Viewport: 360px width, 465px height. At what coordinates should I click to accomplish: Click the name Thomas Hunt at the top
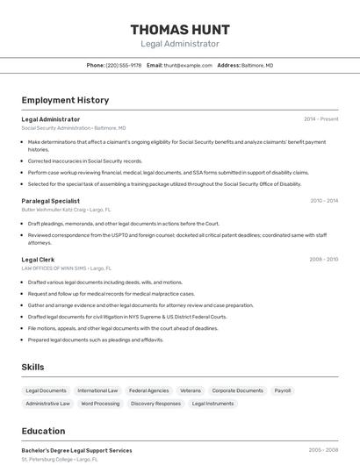click(x=180, y=28)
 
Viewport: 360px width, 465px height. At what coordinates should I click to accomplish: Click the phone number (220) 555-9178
click(x=124, y=65)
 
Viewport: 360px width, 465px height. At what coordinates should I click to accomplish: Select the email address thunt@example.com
click(x=188, y=65)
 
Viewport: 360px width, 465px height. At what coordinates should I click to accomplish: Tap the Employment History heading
click(x=65, y=100)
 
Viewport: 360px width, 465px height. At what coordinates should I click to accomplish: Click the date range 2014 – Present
click(x=320, y=118)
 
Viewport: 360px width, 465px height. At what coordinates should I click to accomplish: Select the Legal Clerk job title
click(x=38, y=259)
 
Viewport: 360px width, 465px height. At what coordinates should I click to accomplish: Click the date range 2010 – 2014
click(x=323, y=201)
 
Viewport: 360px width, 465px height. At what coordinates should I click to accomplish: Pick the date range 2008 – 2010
click(x=323, y=259)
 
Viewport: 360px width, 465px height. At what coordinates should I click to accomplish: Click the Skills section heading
click(x=32, y=367)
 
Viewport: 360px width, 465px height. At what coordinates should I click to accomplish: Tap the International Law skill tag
click(x=97, y=390)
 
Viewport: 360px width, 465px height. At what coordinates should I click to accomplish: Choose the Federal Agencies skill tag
click(x=148, y=390)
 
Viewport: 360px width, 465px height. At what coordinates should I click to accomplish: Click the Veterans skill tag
click(x=191, y=390)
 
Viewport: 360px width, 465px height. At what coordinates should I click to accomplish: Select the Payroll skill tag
click(x=283, y=390)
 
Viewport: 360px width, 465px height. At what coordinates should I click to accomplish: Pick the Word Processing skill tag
click(x=100, y=404)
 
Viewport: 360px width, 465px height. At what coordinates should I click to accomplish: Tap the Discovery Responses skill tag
click(x=155, y=404)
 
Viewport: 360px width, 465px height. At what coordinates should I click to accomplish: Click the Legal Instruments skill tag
click(x=212, y=404)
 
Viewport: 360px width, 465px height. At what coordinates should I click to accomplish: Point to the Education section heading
click(x=44, y=432)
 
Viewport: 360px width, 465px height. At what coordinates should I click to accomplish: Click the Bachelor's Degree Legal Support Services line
click(x=76, y=450)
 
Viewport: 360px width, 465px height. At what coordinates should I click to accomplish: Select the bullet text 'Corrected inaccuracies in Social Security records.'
click(x=85, y=161)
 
